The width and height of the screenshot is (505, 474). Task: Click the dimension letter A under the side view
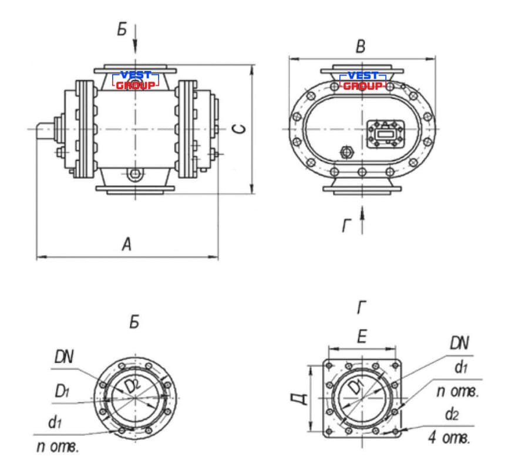coord(127,244)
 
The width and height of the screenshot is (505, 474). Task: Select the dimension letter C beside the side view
coord(240,128)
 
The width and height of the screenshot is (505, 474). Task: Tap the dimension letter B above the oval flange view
coord(361,46)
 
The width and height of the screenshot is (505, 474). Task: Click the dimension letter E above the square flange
coord(362,337)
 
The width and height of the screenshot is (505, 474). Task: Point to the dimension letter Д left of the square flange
coord(300,399)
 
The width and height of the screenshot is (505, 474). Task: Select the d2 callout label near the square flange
coord(452,415)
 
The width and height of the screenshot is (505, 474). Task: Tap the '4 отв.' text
coord(449,438)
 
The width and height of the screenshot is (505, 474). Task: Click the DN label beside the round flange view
coord(64,357)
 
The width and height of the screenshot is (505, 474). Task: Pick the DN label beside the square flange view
coord(459,343)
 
